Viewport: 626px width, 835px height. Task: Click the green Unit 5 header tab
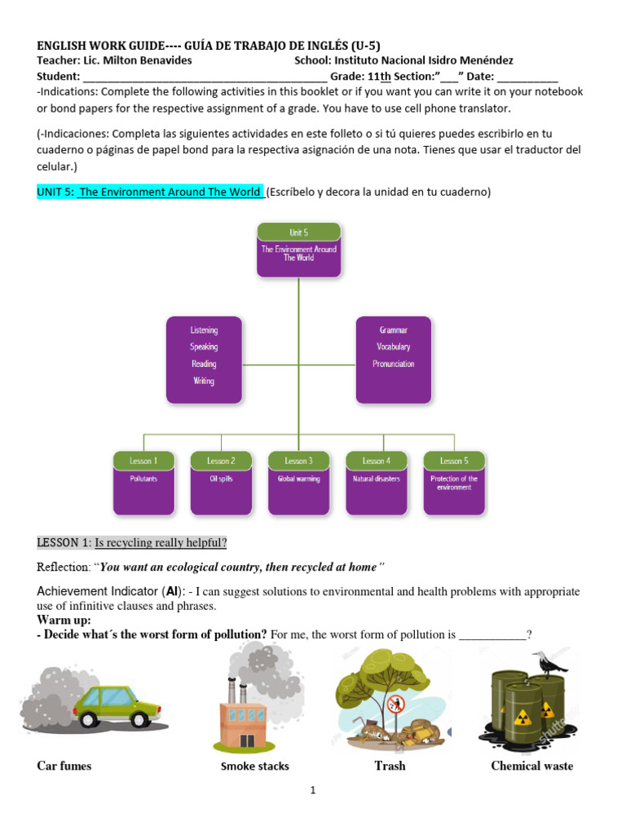[x=298, y=232]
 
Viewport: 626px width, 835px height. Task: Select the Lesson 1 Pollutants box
[x=143, y=483]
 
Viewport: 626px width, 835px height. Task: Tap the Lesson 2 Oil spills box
[x=221, y=483]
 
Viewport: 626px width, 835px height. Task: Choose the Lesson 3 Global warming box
[x=298, y=483]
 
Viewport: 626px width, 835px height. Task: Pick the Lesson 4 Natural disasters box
[x=376, y=483]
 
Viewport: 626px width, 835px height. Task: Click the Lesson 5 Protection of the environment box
[x=454, y=483]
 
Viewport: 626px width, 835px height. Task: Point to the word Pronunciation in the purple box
[x=394, y=364]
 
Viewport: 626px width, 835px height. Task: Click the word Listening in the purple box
[x=204, y=330]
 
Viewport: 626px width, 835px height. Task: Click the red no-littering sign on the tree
[x=396, y=703]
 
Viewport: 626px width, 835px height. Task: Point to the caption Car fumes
[x=64, y=766]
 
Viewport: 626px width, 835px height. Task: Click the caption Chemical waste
[x=531, y=766]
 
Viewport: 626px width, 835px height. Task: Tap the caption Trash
[x=390, y=766]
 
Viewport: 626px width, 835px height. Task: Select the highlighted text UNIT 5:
[x=55, y=192]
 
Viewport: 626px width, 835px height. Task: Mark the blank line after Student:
[x=200, y=77]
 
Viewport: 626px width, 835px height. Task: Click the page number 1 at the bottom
[x=313, y=790]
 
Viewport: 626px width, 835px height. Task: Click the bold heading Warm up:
[x=64, y=620]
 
